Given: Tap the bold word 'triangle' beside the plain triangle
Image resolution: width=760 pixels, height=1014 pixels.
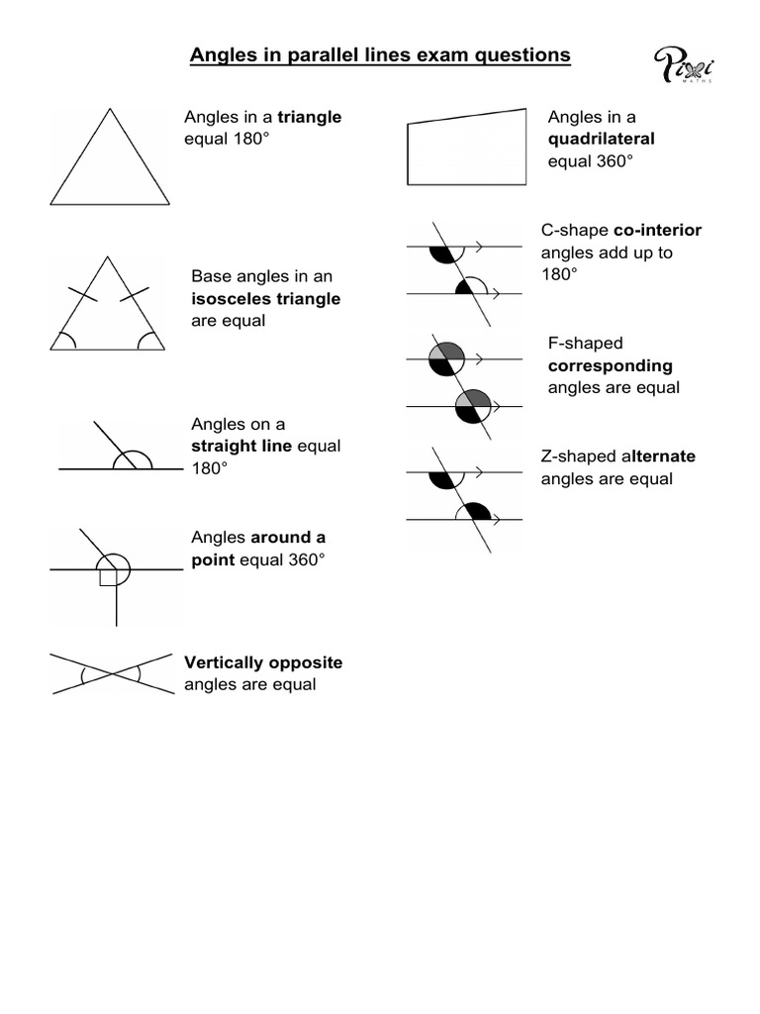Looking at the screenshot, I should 310,117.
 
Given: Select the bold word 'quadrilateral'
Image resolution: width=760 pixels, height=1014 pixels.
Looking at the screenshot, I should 602,139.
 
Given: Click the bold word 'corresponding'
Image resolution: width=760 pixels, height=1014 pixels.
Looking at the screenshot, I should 611,365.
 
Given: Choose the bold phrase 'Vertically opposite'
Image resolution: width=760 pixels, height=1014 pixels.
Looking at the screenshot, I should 263,662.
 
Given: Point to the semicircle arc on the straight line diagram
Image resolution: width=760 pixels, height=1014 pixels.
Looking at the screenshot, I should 133,458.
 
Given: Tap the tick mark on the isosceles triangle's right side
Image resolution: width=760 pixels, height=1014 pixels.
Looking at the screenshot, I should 134,294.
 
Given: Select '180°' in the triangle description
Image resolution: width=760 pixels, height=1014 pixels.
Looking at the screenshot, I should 249,139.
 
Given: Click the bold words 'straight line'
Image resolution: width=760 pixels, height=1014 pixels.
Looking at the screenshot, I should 241,446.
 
